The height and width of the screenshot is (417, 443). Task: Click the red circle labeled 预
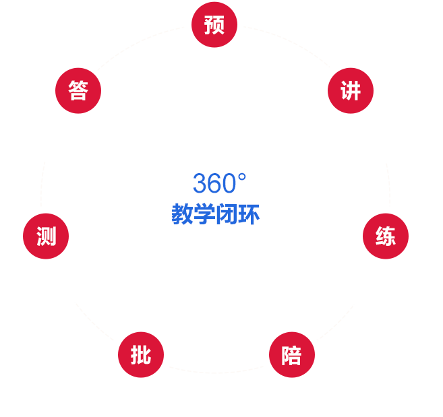point(214,26)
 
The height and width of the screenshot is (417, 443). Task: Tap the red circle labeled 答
point(78,91)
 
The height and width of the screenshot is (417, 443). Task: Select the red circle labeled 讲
point(350,91)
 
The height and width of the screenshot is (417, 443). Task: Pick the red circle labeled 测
point(45,236)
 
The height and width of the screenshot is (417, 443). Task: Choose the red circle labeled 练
point(386,236)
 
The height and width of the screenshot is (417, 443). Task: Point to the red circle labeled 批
point(140,355)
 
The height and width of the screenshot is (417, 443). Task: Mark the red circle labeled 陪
point(291,355)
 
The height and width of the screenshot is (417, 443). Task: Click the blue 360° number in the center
point(219,184)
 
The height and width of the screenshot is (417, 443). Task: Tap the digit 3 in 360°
point(199,184)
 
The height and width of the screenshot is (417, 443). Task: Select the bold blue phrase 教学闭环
point(215,215)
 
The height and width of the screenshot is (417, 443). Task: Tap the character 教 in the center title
point(182,215)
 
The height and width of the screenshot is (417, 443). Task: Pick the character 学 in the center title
point(204,215)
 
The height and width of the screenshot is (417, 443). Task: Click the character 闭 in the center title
point(227,215)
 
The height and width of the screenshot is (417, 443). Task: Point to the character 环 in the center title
point(249,215)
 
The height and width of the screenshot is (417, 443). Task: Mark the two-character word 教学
point(193,215)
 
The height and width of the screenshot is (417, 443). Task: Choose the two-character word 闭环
point(237,215)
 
